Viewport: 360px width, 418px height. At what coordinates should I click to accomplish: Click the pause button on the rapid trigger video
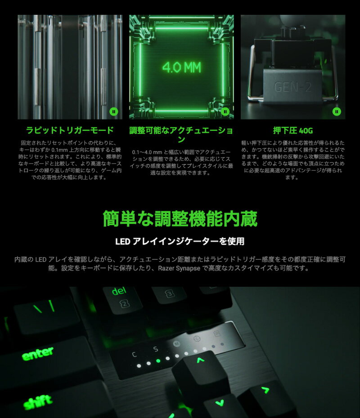[x=114, y=111]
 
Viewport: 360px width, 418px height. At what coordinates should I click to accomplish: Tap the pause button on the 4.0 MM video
[x=225, y=111]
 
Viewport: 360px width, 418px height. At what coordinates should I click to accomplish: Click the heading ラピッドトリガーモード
[x=70, y=131]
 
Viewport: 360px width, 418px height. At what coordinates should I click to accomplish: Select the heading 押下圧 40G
[x=293, y=131]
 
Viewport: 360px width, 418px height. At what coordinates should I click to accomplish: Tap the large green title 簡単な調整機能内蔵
[x=180, y=219]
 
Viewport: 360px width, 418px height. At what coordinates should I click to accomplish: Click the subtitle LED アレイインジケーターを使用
[x=180, y=241]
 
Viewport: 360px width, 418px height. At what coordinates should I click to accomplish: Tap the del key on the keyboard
[x=119, y=292]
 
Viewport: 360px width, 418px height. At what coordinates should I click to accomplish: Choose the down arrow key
[x=219, y=403]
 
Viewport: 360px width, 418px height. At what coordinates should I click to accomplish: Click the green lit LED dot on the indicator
[x=157, y=360]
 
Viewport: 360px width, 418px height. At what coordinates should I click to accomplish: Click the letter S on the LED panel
[x=155, y=349]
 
